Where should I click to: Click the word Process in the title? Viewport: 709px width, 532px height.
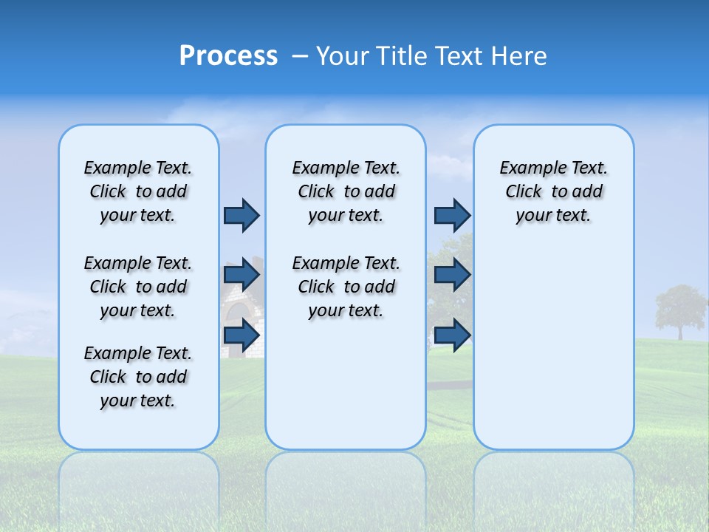click(228, 56)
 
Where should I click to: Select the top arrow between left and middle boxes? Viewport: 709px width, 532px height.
click(242, 215)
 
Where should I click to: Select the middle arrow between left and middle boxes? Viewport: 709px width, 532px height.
click(242, 275)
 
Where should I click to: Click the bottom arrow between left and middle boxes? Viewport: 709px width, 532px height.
click(242, 335)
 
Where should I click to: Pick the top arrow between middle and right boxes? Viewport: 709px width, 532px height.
click(452, 215)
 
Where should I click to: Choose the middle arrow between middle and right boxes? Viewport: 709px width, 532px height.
click(452, 275)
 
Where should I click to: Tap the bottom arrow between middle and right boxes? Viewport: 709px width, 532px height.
click(452, 335)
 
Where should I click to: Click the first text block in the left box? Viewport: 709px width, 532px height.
click(138, 191)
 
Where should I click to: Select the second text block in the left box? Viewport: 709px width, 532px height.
click(138, 287)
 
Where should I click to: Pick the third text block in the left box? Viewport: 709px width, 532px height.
click(138, 377)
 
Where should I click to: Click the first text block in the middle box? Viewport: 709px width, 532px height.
click(346, 191)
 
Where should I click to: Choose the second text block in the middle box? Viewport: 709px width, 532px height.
click(346, 287)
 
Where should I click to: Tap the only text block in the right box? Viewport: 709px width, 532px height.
click(553, 191)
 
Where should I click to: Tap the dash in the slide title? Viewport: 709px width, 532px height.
click(301, 56)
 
